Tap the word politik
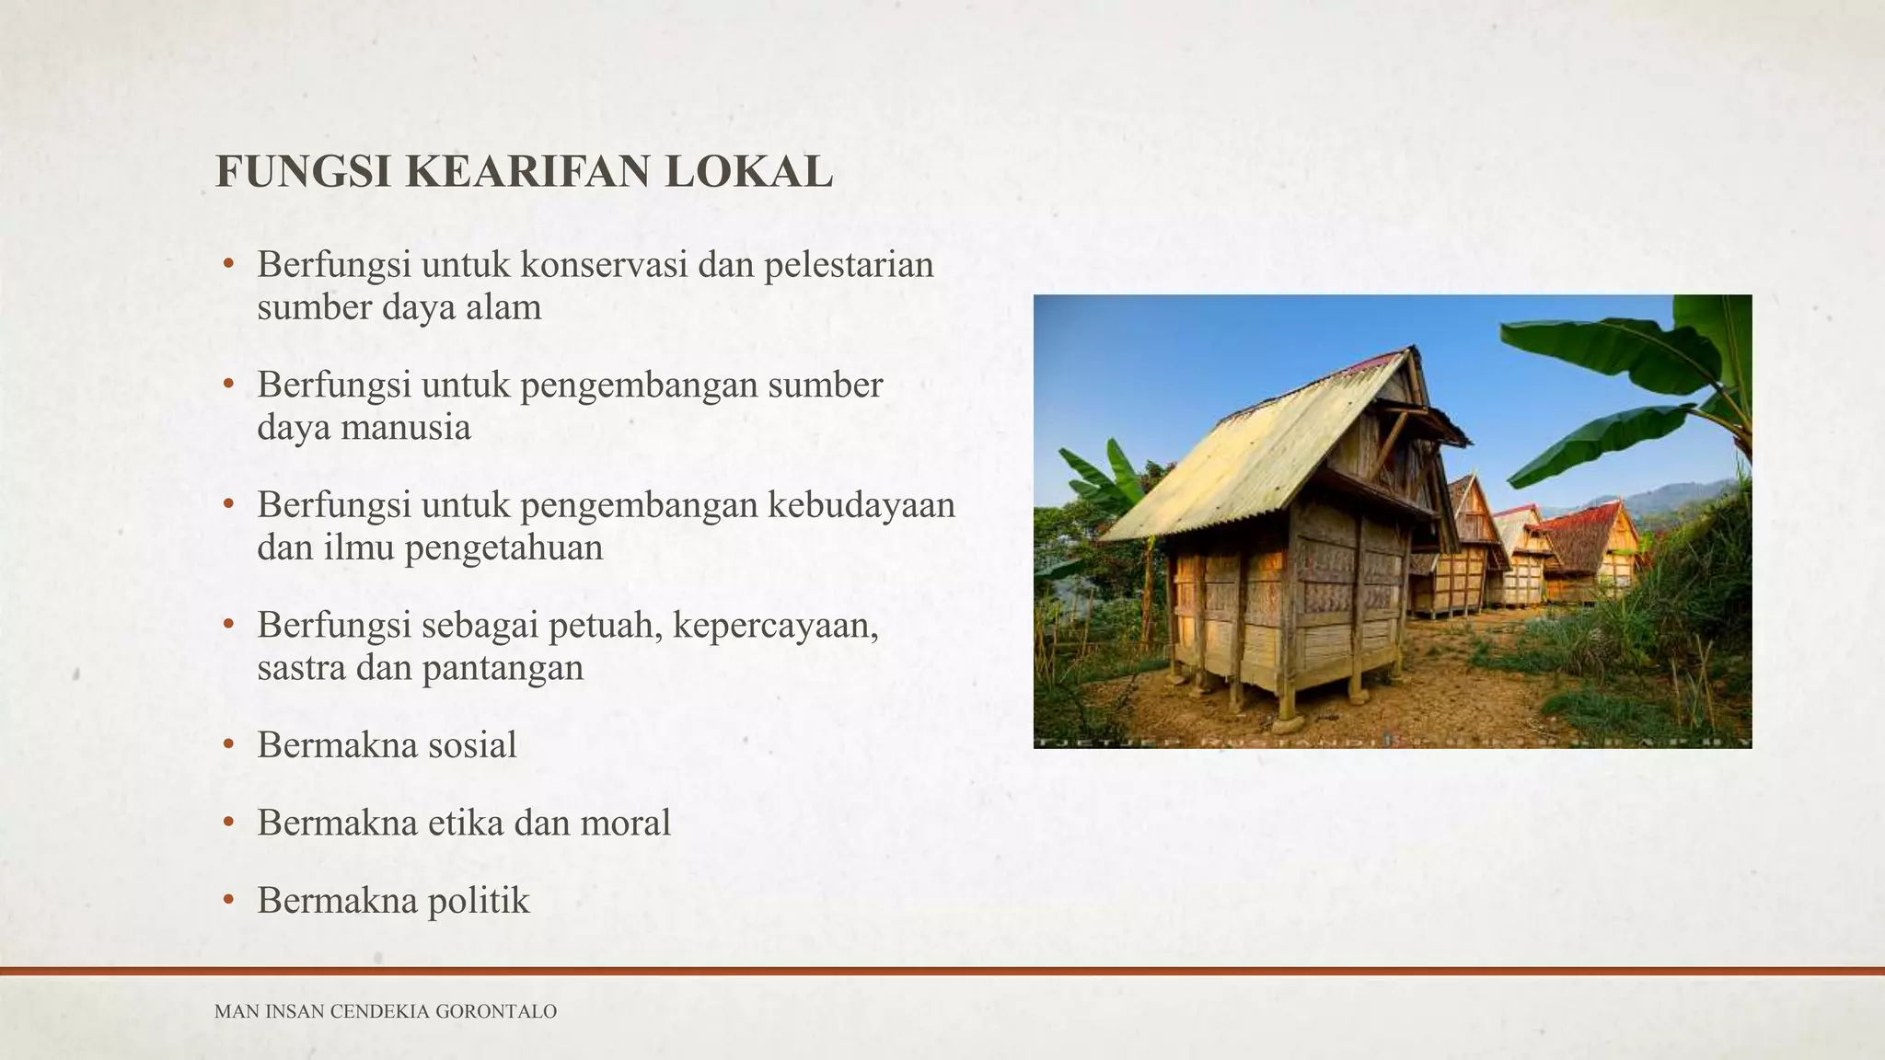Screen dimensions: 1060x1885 479,900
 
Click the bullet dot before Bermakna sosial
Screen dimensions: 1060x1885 228,744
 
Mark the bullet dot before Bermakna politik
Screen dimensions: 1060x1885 228,900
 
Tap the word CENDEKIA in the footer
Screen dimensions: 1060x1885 379,1012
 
